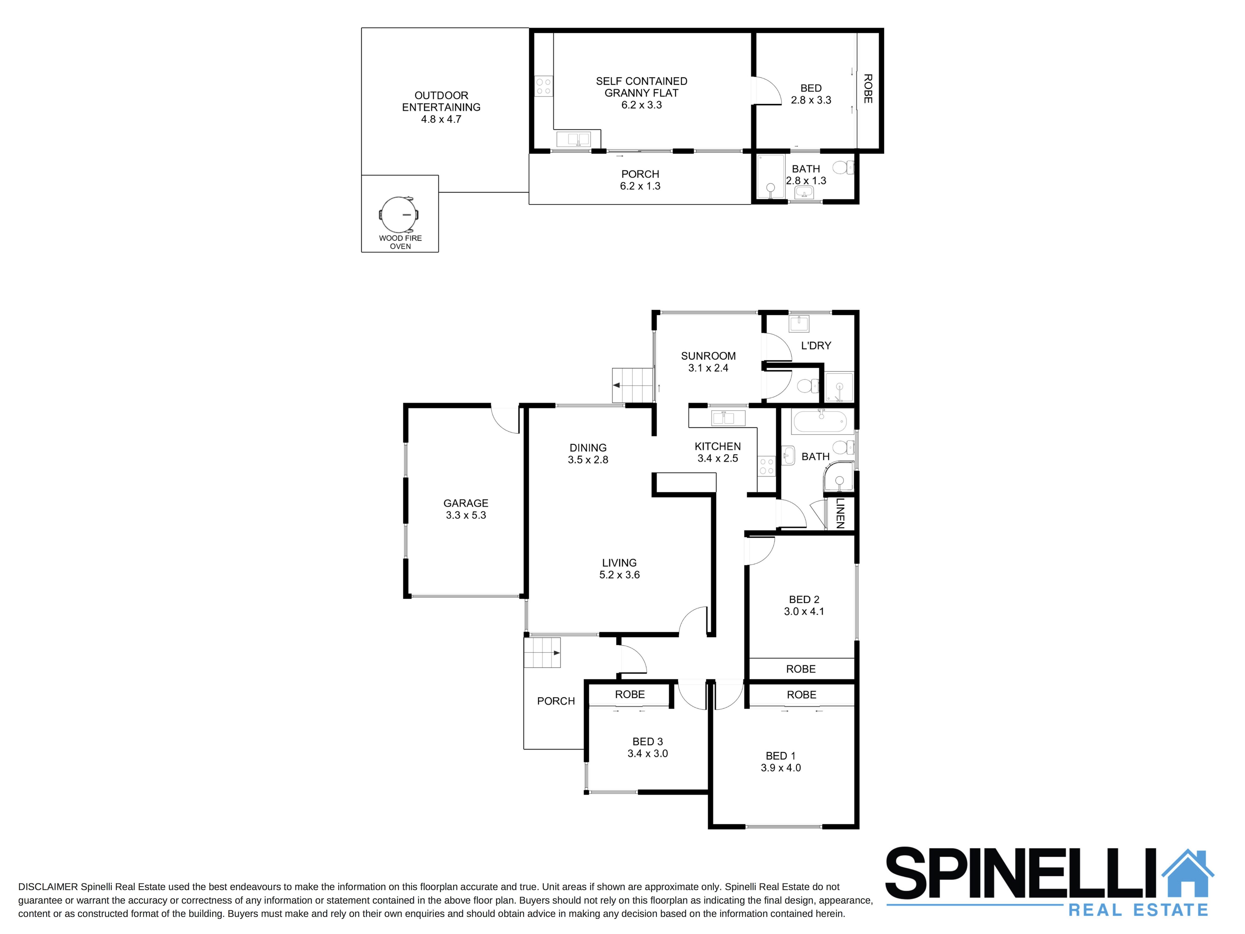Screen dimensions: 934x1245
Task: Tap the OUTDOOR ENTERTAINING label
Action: [441, 101]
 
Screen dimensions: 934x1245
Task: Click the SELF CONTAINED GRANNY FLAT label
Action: [642, 87]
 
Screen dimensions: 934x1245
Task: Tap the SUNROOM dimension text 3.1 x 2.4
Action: [708, 368]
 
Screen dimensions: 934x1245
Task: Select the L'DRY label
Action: [815, 346]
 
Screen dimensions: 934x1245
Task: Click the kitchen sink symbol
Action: [728, 418]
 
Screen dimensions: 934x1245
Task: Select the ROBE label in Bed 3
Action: [630, 695]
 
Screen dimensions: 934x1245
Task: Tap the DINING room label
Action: [588, 447]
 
